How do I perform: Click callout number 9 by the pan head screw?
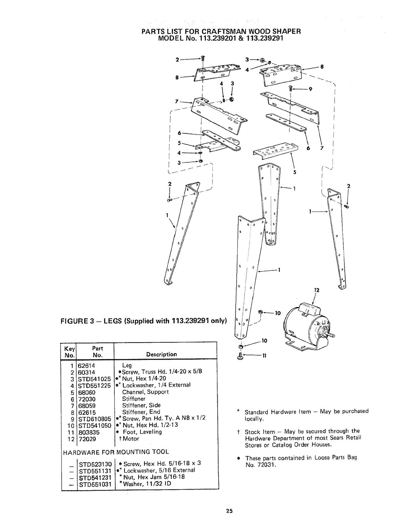(x=310, y=89)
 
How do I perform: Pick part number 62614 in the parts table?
(x=86, y=365)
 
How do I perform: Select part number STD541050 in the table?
(x=94, y=425)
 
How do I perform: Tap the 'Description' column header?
(x=161, y=354)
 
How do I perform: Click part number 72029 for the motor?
(x=86, y=439)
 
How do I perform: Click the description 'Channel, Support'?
(x=145, y=392)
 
